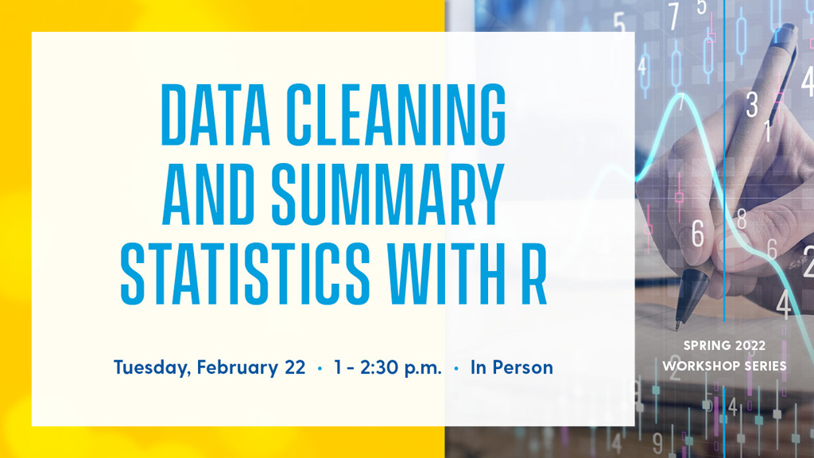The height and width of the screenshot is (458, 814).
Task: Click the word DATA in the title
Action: [x=215, y=114]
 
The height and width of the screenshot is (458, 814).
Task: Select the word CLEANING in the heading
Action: [x=397, y=114]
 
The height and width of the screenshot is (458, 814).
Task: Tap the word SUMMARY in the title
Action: [x=388, y=194]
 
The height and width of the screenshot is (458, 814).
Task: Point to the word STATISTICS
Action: [x=246, y=274]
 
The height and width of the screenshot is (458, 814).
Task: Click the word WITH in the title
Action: [x=447, y=274]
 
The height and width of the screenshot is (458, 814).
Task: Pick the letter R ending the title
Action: [x=534, y=274]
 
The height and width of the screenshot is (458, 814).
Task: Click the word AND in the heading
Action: [x=208, y=194]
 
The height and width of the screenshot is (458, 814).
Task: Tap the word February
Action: [x=237, y=368]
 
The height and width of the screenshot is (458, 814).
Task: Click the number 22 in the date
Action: [x=295, y=367]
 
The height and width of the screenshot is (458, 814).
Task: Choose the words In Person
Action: [x=512, y=367]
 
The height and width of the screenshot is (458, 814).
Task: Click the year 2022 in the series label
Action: [x=750, y=345]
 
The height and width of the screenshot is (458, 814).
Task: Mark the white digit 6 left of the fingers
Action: [x=698, y=234]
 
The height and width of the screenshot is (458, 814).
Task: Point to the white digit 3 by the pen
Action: [x=752, y=105]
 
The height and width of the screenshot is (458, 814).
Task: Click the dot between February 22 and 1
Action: [x=320, y=368]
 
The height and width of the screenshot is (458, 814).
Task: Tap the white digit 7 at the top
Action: [x=673, y=17]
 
